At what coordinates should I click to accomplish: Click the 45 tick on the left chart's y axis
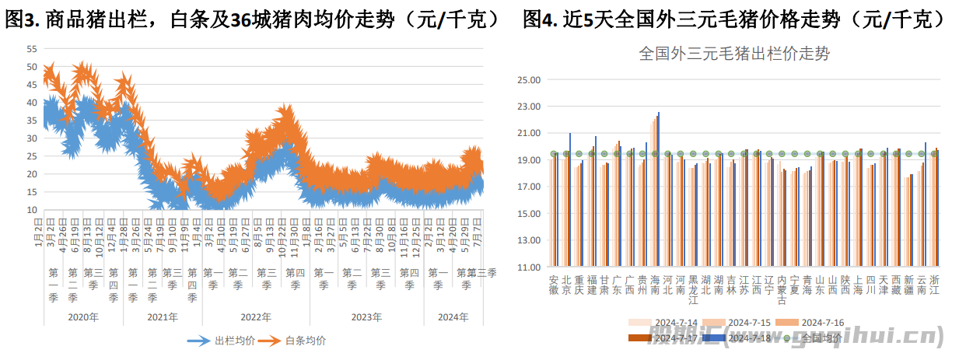click(32, 84)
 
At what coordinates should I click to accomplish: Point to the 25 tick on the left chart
click(32, 156)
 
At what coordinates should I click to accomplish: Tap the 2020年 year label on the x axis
click(83, 317)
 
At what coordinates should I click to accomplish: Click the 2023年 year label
click(366, 317)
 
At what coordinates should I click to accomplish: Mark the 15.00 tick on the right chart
click(529, 214)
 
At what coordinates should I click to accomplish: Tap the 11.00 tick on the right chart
click(529, 267)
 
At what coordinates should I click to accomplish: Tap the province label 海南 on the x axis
click(655, 285)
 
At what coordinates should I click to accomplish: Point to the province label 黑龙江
click(693, 290)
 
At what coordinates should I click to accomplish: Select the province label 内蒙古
click(782, 290)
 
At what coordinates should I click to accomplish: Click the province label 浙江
click(934, 285)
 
